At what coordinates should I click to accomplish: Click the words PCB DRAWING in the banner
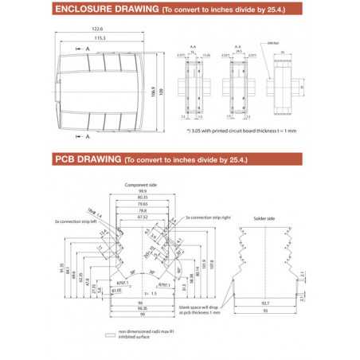[87, 159]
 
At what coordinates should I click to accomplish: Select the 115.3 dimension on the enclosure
[100, 38]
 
